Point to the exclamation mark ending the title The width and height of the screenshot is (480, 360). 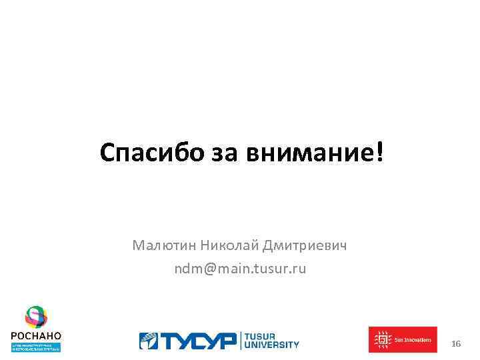[381, 153]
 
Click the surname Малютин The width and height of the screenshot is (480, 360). [164, 246]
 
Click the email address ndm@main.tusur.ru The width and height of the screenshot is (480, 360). [240, 269]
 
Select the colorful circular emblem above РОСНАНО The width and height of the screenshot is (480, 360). [36, 317]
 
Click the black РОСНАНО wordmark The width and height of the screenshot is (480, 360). [36, 335]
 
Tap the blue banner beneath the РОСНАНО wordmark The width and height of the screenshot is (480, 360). [36, 347]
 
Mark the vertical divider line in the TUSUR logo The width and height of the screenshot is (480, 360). [241, 341]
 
